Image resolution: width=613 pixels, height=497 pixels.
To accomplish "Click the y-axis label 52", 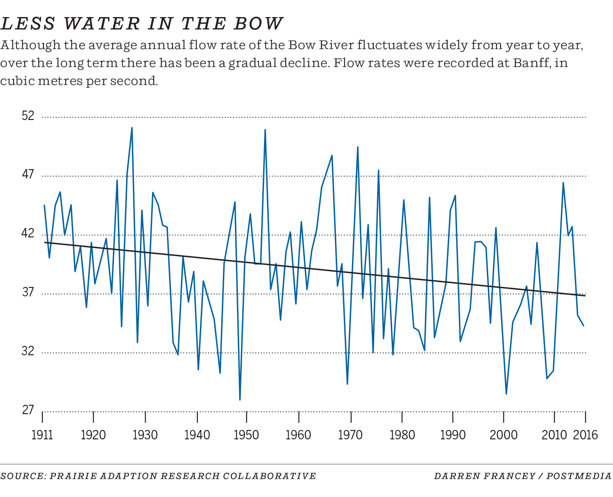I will point(28,116).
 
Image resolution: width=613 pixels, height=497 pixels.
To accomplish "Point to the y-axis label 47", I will point(28,175).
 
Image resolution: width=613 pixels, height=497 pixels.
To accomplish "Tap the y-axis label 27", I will point(28,410).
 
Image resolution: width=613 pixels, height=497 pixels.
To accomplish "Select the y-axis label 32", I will point(28,351).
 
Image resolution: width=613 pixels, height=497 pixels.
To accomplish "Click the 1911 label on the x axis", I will point(42,435).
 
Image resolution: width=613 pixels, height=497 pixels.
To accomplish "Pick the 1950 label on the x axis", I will point(246,435).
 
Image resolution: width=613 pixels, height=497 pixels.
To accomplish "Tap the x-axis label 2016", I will point(585,435).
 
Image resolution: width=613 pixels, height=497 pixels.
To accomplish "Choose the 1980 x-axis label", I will point(402,435).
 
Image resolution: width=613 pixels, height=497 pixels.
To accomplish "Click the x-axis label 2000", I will point(504,435).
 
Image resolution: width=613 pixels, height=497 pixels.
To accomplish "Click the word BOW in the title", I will point(258,23).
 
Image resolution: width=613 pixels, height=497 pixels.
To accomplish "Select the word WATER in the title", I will point(103,23).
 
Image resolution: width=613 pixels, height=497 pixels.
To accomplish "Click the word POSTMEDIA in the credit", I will point(579,476).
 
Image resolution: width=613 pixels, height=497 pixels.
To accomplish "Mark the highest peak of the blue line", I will point(132,128).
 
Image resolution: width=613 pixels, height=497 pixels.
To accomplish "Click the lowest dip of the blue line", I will point(240,400).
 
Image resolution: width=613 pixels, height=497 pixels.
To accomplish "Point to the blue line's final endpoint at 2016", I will point(584,326).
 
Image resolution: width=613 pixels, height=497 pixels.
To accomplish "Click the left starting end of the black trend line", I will point(44,243).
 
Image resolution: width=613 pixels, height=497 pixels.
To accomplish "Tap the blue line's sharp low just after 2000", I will point(506,394).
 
